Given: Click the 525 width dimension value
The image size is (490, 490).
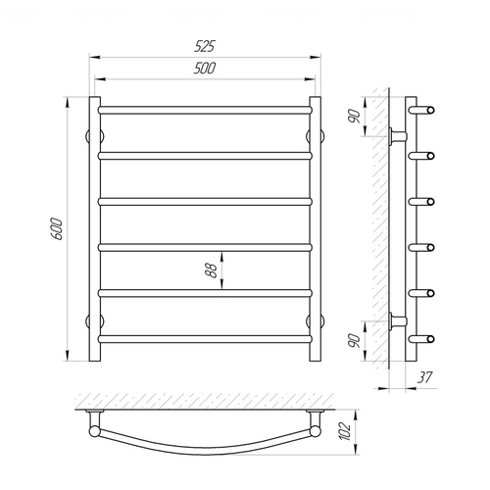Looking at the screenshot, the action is click(205, 46).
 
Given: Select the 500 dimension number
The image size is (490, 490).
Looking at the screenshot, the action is click(205, 69).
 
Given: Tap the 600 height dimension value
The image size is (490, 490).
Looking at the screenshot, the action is click(57, 228).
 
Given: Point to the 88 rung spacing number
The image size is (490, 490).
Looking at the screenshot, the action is click(212, 270).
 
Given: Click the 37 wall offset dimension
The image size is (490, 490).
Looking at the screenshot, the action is click(424, 377).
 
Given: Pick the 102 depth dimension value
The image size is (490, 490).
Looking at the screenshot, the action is click(344, 431).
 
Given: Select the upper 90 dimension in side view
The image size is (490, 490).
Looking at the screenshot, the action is click(354, 117).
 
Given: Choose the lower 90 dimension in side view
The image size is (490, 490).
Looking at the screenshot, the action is click(354, 341).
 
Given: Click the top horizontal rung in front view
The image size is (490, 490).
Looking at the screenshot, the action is click(205, 110).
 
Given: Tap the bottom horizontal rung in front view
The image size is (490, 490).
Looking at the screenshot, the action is click(205, 339).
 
